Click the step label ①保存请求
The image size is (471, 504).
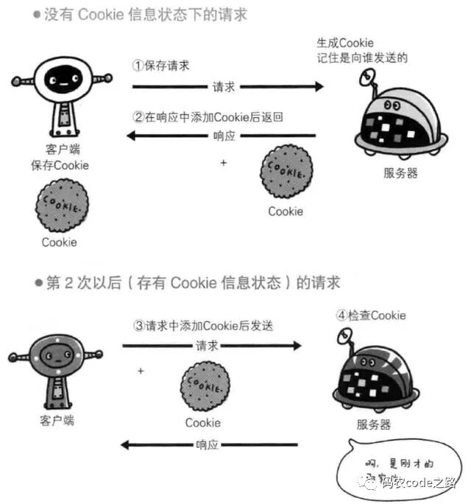[160, 65]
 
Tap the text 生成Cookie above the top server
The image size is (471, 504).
[344, 43]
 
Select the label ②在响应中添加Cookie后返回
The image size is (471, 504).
[208, 116]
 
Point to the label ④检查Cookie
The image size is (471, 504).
[371, 315]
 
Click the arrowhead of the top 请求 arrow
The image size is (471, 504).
[318, 87]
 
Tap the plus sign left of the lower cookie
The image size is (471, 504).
[141, 371]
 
